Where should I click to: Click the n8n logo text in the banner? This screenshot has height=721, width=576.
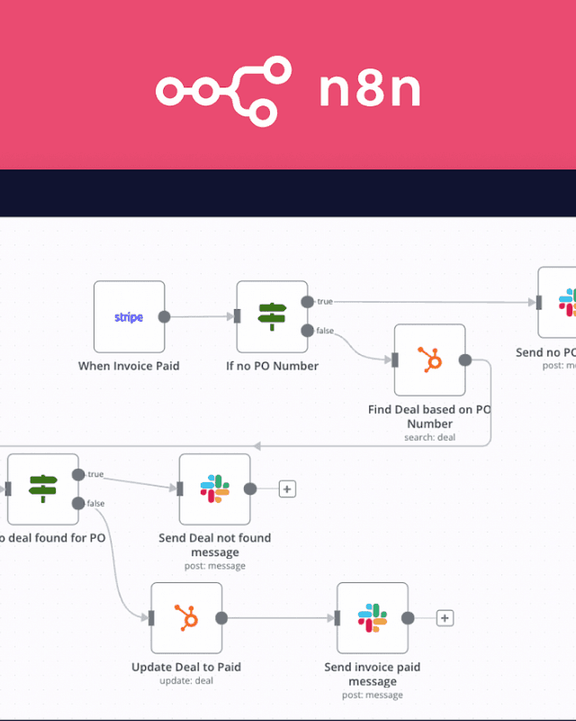pyautogui.click(x=370, y=91)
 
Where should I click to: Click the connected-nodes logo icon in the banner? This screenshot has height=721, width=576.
pyautogui.click(x=224, y=90)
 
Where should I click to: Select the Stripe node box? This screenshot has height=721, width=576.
pyautogui.click(x=129, y=316)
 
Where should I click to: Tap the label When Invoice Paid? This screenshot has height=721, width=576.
pyautogui.click(x=129, y=366)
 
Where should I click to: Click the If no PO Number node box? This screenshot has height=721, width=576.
pyautogui.click(x=272, y=316)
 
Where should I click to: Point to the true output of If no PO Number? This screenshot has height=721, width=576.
pyautogui.click(x=307, y=301)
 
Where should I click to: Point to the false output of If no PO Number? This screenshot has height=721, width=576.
pyautogui.click(x=307, y=331)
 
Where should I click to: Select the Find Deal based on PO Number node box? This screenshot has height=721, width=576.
pyautogui.click(x=429, y=360)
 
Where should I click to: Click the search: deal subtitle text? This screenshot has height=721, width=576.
pyautogui.click(x=429, y=437)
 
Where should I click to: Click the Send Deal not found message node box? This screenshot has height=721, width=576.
pyautogui.click(x=214, y=488)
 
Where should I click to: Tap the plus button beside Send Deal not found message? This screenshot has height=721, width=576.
pyautogui.click(x=287, y=489)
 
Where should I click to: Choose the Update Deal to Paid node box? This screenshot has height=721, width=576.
pyautogui.click(x=186, y=617)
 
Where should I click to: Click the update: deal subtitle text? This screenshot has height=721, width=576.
pyautogui.click(x=186, y=681)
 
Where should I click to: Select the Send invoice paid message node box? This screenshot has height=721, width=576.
pyautogui.click(x=372, y=617)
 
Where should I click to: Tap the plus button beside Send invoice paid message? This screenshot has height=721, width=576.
pyautogui.click(x=445, y=618)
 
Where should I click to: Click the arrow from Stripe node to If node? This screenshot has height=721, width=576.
pyautogui.click(x=200, y=316)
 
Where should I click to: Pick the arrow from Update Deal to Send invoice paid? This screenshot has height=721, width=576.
pyautogui.click(x=279, y=618)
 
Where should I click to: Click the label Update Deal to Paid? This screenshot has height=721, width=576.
pyautogui.click(x=186, y=668)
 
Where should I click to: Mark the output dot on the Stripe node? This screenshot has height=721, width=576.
pyautogui.click(x=164, y=316)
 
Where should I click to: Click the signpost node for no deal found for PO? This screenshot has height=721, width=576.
pyautogui.click(x=42, y=488)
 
